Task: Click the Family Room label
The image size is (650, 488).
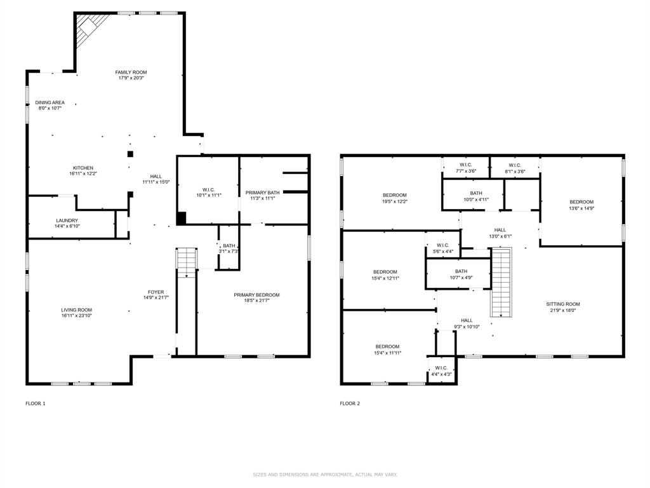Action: tap(131, 72)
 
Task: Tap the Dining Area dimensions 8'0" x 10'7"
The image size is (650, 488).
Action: tap(50, 108)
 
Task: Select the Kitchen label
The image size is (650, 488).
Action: tap(83, 168)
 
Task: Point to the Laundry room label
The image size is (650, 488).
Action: tap(67, 220)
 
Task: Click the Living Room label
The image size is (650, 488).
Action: tap(77, 310)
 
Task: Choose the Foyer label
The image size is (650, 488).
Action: tap(156, 292)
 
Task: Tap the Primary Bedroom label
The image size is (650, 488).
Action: tap(256, 295)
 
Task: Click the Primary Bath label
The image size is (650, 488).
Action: tap(262, 193)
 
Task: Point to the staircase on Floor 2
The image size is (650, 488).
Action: tap(501, 282)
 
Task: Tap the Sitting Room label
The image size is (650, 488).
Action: tap(563, 304)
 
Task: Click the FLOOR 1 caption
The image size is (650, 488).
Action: tap(36, 403)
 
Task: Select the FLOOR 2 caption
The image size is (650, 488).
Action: tap(350, 403)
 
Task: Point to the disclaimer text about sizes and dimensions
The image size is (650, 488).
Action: tap(325, 474)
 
